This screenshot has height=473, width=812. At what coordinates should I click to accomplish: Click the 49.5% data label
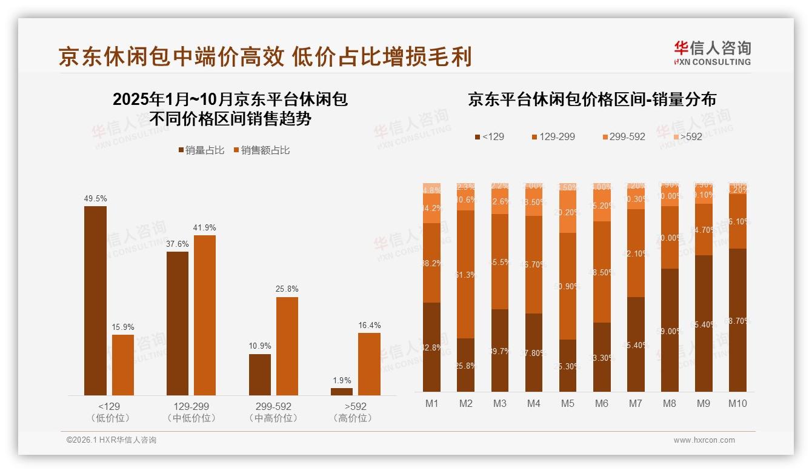tap(95, 198)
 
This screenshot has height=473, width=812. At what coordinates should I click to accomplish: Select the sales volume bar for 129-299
tap(177, 323)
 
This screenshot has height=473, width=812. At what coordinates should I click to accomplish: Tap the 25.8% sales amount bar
tap(287, 346)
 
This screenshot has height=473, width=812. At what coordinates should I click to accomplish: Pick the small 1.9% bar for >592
tap(342, 392)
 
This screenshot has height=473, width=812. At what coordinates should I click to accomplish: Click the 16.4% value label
tap(369, 326)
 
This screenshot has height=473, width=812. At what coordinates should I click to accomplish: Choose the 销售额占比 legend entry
tap(261, 150)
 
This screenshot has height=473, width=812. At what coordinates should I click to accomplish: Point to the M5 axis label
tap(567, 403)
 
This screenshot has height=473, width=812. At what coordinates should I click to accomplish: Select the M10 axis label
tap(737, 403)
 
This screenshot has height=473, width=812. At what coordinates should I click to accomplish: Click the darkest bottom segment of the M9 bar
tap(703, 323)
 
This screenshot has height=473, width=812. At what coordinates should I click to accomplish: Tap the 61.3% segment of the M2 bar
tap(465, 274)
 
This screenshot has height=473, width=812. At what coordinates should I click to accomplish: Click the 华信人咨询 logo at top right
tap(712, 53)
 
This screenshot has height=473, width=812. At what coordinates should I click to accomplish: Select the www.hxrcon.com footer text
tap(704, 440)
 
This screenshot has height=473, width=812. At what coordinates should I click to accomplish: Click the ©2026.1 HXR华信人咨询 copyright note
tap(111, 440)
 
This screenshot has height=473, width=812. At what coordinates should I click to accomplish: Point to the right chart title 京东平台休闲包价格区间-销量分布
tap(591, 99)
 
